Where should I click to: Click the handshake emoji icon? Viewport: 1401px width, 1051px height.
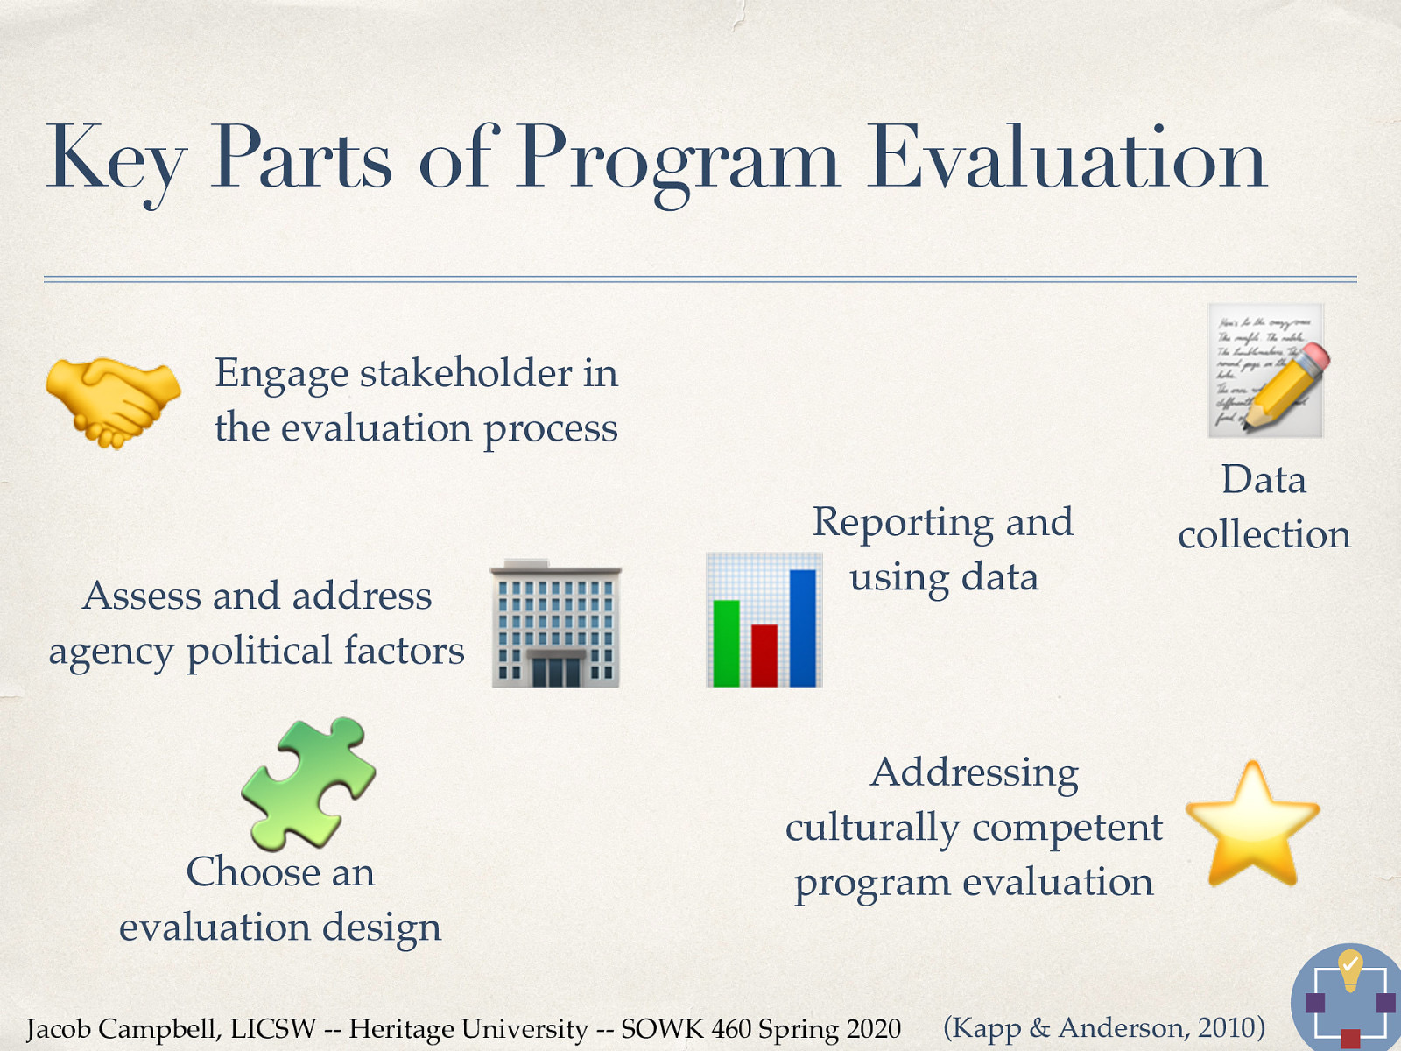(x=113, y=401)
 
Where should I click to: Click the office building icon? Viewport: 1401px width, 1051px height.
(x=555, y=624)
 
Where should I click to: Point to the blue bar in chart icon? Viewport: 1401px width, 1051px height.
(x=802, y=627)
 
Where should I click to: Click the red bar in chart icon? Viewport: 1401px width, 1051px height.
(x=764, y=654)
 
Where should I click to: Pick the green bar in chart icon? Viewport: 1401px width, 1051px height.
(x=726, y=642)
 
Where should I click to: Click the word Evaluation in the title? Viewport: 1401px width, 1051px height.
(x=1067, y=159)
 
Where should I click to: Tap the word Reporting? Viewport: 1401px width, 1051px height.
(x=903, y=523)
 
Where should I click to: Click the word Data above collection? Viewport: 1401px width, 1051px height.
(x=1264, y=480)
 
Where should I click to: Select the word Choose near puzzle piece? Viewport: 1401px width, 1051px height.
(x=252, y=872)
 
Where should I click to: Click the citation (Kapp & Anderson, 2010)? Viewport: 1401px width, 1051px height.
(x=1103, y=1027)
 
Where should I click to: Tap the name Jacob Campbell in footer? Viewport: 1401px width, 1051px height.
(x=122, y=1029)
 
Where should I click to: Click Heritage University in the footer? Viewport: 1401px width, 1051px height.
(x=468, y=1029)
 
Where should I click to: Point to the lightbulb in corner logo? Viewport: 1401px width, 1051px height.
(x=1350, y=969)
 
